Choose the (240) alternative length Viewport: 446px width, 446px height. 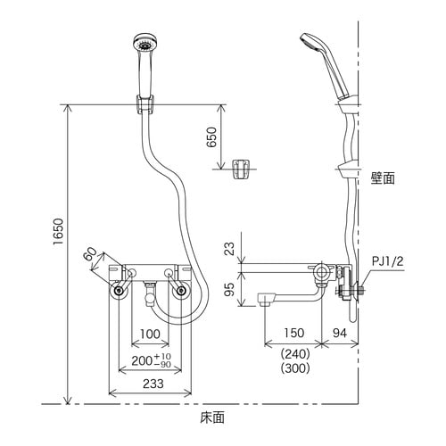[294, 352]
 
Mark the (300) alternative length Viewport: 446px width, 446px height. [294, 368]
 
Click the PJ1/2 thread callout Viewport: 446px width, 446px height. [387, 261]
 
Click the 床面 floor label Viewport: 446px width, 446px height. [212, 417]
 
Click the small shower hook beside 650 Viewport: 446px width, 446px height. [239, 169]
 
